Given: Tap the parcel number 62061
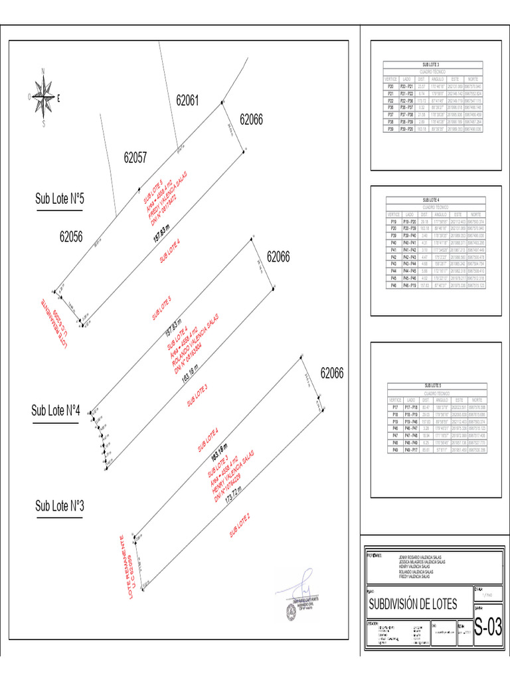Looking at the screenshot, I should pyautogui.click(x=187, y=100).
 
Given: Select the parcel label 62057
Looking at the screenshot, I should pyautogui.click(x=135, y=158).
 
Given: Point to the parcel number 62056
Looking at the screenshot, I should pyautogui.click(x=70, y=236).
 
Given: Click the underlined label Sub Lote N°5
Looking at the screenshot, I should pyautogui.click(x=59, y=199).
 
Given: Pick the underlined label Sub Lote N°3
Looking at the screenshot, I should pyautogui.click(x=59, y=506).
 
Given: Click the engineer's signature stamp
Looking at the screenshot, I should pyautogui.click(x=297, y=602).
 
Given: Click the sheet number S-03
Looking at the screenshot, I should pyautogui.click(x=487, y=627).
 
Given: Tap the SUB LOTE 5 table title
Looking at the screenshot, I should pyautogui.click(x=432, y=385).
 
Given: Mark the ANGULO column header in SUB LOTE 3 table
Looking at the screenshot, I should pyautogui.click(x=438, y=78).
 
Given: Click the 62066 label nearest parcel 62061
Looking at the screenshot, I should pyautogui.click(x=251, y=120).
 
